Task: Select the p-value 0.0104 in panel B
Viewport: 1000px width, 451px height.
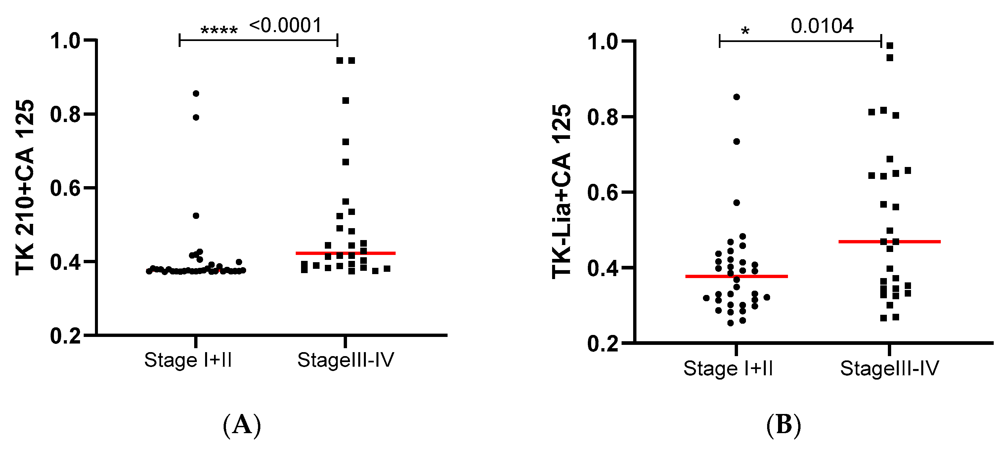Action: [x=822, y=26]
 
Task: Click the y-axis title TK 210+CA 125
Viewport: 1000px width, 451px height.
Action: [x=25, y=187]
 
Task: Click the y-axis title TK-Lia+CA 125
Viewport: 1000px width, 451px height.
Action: [x=561, y=191]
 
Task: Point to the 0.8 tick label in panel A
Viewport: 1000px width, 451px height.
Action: [x=65, y=115]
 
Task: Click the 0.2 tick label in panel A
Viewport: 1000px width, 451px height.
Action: [x=65, y=336]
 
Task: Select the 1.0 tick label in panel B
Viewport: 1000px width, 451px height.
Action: [x=602, y=42]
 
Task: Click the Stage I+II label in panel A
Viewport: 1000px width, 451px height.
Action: [x=188, y=360]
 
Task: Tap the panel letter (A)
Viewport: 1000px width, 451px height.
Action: [x=242, y=426]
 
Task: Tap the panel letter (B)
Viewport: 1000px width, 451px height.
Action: [x=783, y=426]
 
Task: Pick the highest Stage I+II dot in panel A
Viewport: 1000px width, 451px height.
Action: [x=196, y=94]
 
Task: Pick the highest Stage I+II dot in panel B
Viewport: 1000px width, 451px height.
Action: [x=736, y=97]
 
